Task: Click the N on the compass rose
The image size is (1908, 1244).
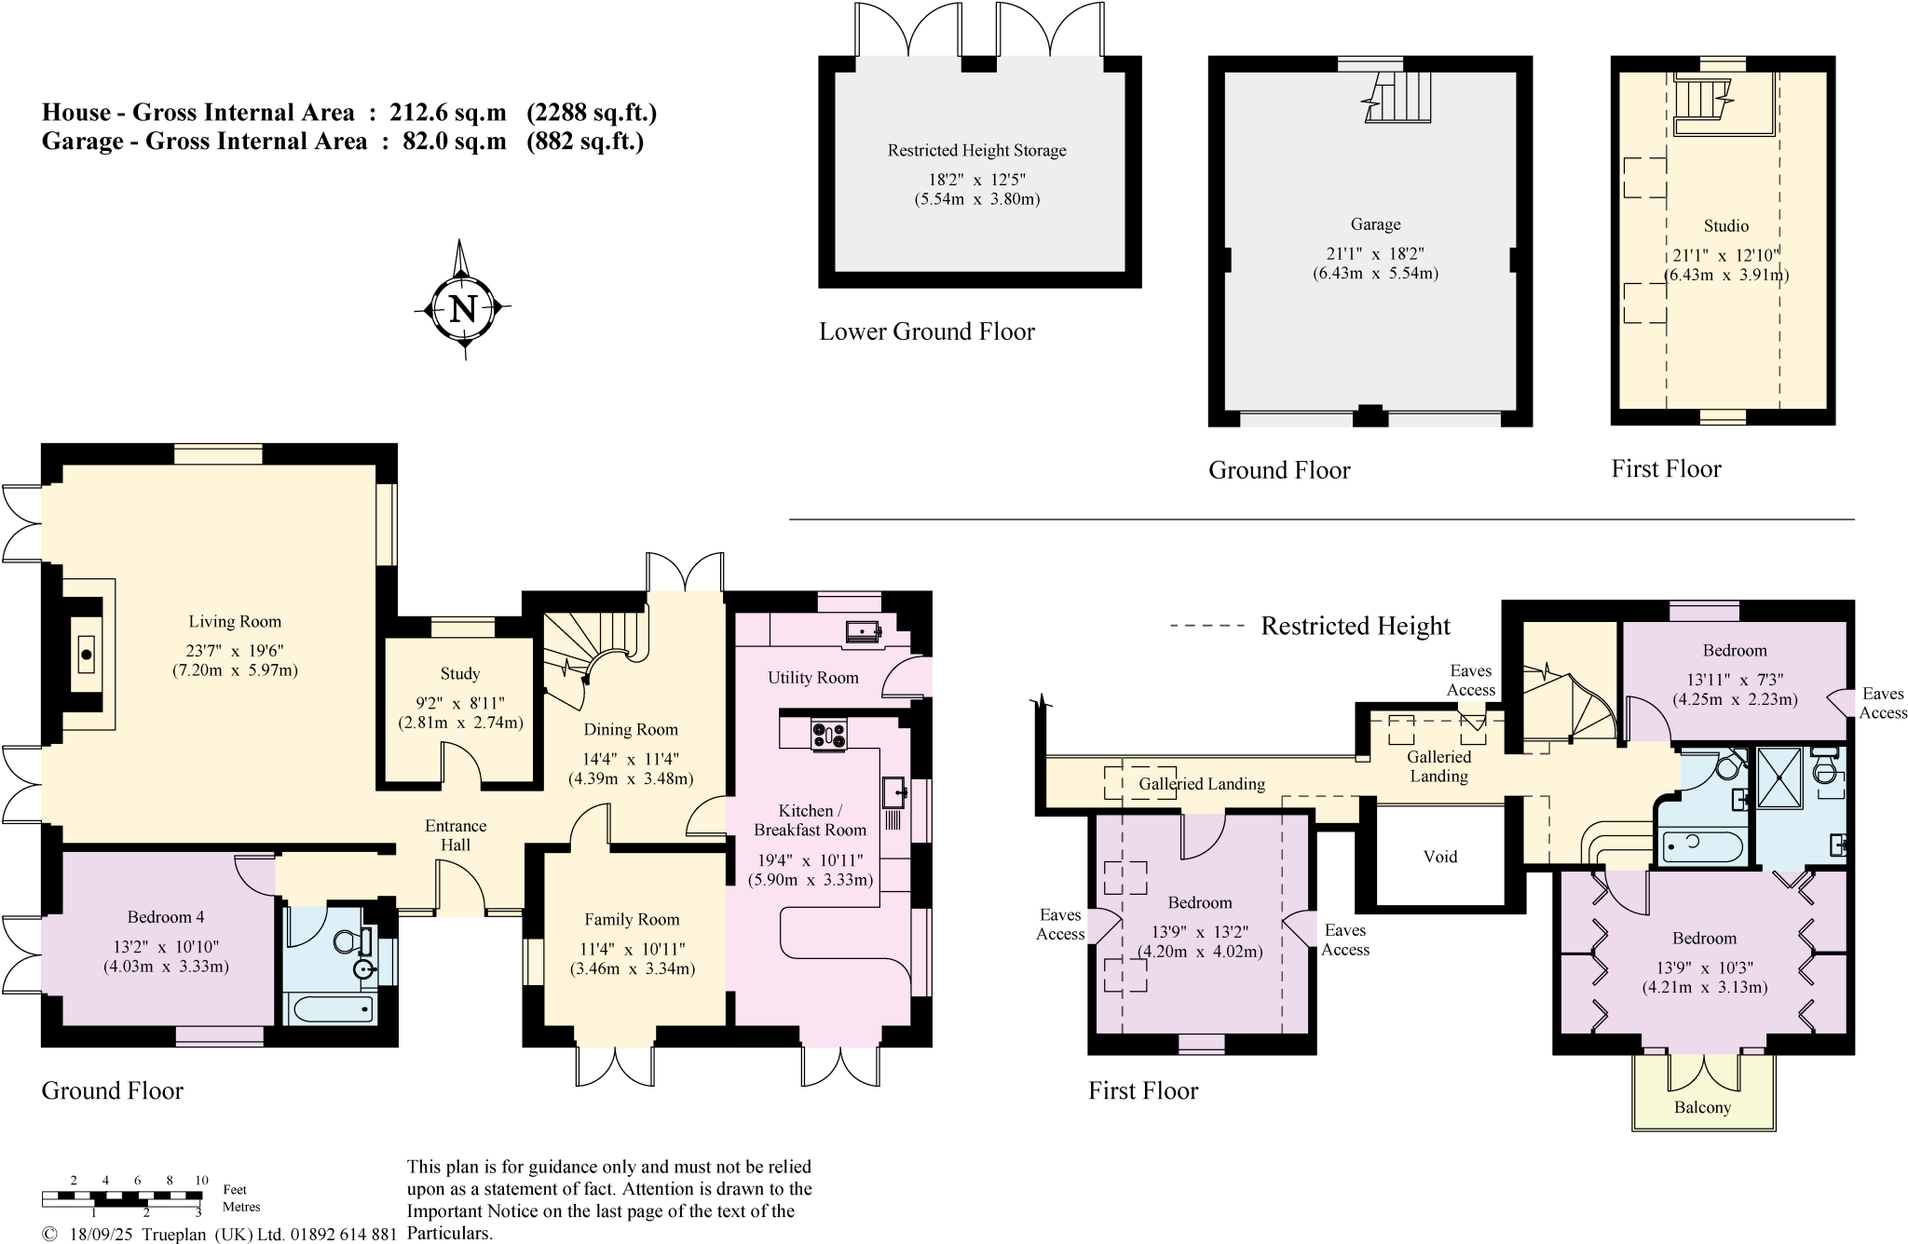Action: tap(463, 308)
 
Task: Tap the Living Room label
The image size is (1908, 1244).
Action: tap(235, 621)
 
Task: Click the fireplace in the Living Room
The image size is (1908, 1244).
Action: tap(87, 655)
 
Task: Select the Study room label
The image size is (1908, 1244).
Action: tap(460, 673)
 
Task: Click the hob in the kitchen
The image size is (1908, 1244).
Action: tap(828, 735)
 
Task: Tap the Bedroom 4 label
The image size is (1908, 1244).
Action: tap(166, 917)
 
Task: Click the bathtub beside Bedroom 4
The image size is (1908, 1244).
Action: tap(331, 1008)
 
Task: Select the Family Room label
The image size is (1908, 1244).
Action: tap(632, 919)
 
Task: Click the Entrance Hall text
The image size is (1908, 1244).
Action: tap(456, 835)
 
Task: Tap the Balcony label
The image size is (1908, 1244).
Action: tap(1702, 1107)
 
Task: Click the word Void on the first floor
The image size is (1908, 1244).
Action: tap(1440, 857)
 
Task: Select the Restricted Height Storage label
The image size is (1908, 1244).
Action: tap(976, 150)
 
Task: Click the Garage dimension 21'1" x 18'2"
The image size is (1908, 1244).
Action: tap(1375, 253)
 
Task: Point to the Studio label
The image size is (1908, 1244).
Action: tap(1726, 225)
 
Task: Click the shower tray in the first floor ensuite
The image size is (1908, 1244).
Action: tap(1779, 777)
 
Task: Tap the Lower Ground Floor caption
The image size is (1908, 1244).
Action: tap(926, 331)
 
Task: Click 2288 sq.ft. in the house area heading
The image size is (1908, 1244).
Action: tap(592, 113)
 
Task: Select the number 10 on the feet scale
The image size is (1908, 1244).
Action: tap(201, 1180)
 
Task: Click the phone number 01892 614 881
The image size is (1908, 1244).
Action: tap(344, 1234)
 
